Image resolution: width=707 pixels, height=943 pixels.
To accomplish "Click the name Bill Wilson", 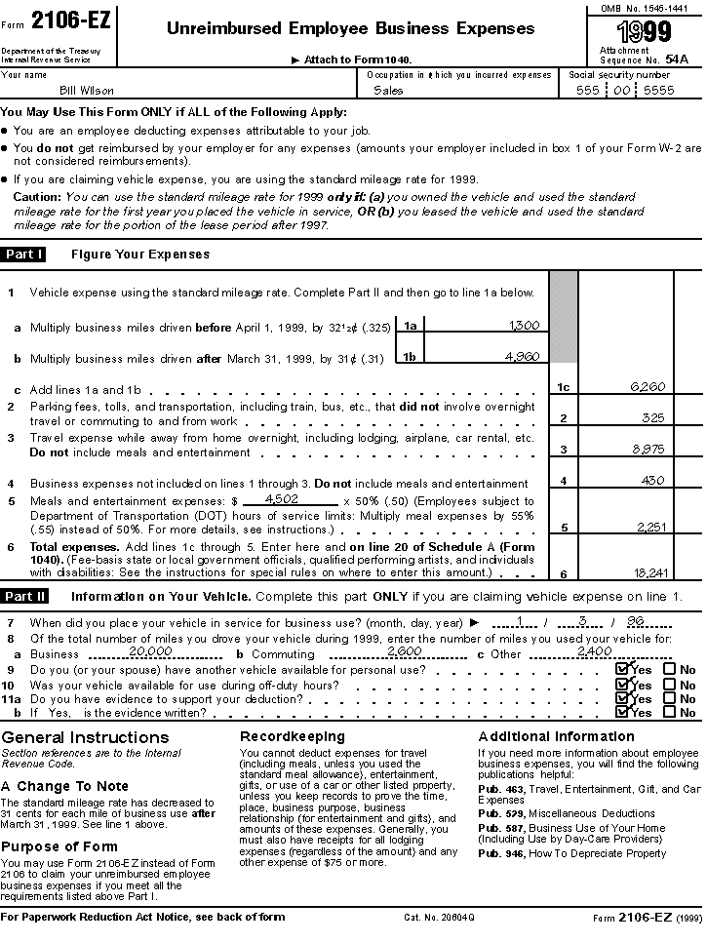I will [x=87, y=91].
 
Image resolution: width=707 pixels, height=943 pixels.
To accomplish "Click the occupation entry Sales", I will [x=388, y=91].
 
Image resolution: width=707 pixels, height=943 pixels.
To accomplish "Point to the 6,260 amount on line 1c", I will [x=648, y=387].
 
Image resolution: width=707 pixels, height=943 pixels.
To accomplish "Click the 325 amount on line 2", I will [x=653, y=417].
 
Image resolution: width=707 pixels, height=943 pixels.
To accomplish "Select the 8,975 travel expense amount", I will [x=648, y=450].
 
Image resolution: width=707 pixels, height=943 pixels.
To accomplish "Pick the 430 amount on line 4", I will [x=652, y=481].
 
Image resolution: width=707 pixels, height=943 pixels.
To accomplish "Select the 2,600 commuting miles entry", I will [x=404, y=650].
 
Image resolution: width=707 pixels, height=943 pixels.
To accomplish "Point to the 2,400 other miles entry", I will [x=594, y=650].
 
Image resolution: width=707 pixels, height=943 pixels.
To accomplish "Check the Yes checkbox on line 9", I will [x=622, y=670].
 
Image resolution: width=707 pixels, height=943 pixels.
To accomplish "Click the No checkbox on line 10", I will [x=669, y=685].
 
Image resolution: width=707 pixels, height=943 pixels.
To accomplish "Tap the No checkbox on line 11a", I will [x=669, y=698].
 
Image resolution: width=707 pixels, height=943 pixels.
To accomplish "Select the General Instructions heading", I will [x=85, y=737].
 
